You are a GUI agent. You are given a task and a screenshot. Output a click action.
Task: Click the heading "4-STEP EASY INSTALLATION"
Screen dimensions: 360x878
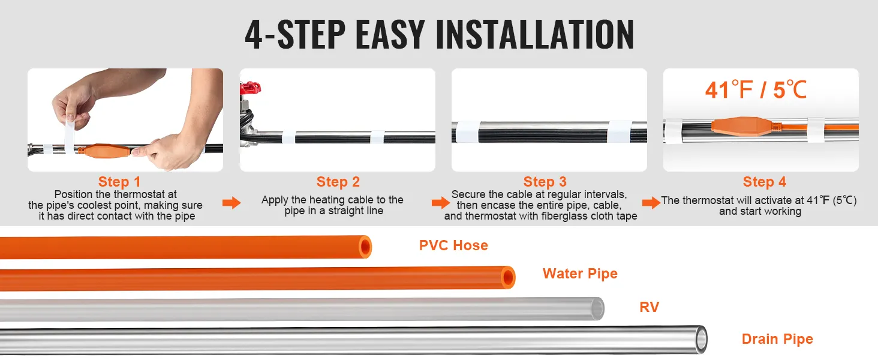439,35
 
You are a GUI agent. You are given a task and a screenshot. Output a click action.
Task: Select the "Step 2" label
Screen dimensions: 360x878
338,182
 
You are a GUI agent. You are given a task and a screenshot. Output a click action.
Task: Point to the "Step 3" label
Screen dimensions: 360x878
545,182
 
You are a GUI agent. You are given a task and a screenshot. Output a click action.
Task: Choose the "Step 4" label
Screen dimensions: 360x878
764,182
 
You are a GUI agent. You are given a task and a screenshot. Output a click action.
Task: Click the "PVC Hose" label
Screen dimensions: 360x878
453,245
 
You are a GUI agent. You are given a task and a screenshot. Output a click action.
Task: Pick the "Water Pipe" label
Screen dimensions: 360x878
580,274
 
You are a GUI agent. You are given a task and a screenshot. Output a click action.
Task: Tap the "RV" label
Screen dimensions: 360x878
649,308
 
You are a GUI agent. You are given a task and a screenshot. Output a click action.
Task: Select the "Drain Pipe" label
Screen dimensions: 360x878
777,339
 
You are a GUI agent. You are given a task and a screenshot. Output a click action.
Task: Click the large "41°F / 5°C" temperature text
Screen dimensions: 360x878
756,90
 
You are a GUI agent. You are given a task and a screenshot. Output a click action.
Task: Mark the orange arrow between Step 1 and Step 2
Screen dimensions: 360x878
231,203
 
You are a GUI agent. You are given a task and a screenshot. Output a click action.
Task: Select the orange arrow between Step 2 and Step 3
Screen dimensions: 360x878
440,203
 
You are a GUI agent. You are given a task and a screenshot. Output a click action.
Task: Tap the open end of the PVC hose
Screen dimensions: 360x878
365,247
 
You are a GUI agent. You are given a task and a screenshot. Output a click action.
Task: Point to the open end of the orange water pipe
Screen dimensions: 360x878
508,277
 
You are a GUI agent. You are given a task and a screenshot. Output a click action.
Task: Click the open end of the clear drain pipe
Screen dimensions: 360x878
700,340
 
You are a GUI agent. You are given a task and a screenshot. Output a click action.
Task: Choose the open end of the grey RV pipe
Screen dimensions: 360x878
597,308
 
